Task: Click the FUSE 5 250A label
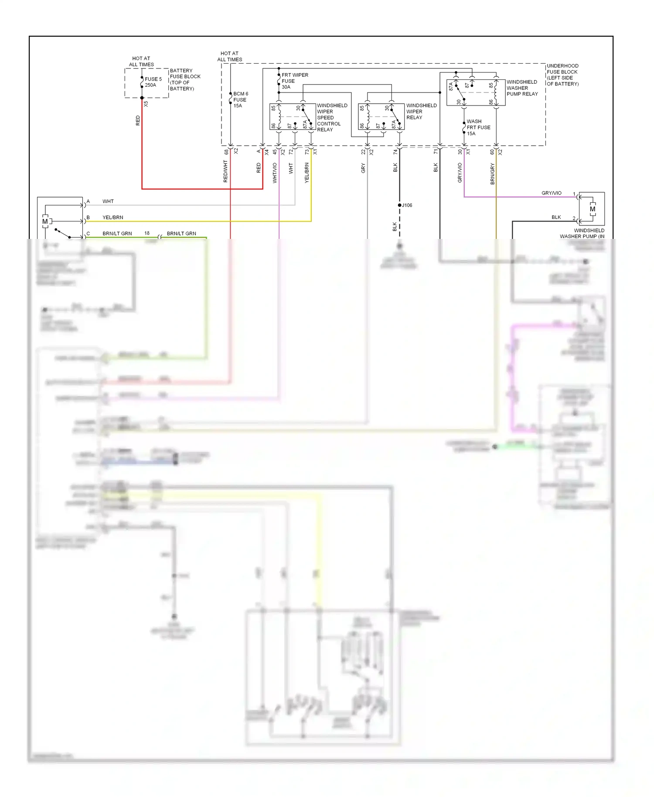[x=153, y=82]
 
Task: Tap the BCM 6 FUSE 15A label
[x=240, y=100]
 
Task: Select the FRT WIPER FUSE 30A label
[x=294, y=81]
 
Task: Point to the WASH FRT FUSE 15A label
[x=478, y=127]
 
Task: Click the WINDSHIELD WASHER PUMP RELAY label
[x=522, y=88]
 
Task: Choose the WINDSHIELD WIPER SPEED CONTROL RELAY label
[x=332, y=117]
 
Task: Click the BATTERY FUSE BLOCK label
[x=185, y=79]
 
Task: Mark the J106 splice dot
[x=399, y=205]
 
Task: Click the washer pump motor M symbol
[x=592, y=209]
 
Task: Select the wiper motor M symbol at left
[x=45, y=221]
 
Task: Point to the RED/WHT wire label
[x=225, y=171]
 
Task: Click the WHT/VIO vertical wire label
[x=275, y=173]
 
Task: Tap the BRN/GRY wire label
[x=493, y=174]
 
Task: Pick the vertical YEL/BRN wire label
[x=307, y=173]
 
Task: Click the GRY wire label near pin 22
[x=363, y=168]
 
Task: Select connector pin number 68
[x=226, y=152]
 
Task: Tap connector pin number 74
[x=395, y=152]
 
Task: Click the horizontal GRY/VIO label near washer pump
[x=551, y=193]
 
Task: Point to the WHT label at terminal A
[x=108, y=201]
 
